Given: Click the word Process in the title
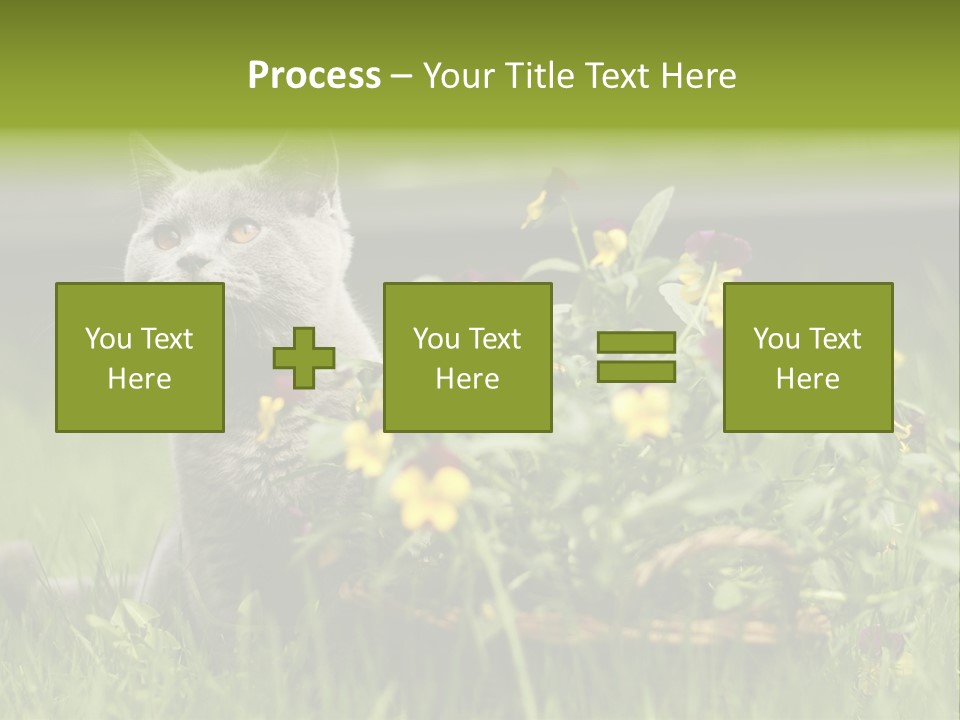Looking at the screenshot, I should click(x=314, y=76).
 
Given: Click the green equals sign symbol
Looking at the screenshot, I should click(x=636, y=357).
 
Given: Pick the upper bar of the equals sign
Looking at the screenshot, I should click(x=636, y=343).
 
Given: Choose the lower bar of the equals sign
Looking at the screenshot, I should click(x=636, y=372).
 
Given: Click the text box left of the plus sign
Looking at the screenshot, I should click(x=139, y=358).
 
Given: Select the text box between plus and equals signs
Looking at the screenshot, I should click(x=467, y=358).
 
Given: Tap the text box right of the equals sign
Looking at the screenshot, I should click(x=807, y=358).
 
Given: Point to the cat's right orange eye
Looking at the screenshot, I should click(x=243, y=231).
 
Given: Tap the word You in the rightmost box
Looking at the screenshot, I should click(x=776, y=339).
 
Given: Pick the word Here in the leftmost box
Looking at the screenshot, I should click(x=139, y=379).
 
